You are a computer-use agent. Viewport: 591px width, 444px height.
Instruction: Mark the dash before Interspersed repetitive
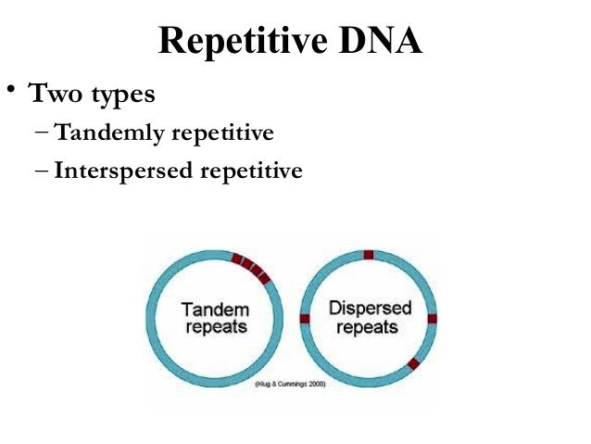point(45,171)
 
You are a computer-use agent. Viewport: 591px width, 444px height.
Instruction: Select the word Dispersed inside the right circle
point(370,308)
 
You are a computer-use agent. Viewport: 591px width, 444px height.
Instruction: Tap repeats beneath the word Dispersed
point(370,328)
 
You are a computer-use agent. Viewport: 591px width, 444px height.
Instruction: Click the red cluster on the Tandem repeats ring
point(252,267)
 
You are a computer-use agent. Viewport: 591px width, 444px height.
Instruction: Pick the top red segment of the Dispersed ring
point(368,254)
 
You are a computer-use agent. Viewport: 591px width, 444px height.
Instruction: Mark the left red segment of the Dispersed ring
point(305,318)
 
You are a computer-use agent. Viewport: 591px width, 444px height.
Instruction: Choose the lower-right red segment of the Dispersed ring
point(413,363)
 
